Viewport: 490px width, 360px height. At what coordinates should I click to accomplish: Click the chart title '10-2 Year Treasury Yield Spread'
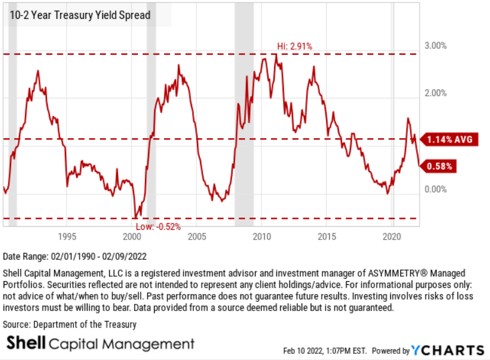pos(80,15)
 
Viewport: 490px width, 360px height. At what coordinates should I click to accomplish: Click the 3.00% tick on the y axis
pos(436,46)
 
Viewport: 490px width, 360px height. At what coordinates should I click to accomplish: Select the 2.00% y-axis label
pos(436,94)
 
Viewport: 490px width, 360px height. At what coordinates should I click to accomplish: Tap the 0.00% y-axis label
pos(436,189)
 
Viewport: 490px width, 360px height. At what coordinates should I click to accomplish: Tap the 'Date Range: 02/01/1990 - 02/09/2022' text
pos(75,255)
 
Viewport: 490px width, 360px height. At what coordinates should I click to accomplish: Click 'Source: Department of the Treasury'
pos(70,325)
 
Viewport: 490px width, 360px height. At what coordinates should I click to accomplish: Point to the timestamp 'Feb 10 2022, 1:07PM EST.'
pos(324,351)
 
